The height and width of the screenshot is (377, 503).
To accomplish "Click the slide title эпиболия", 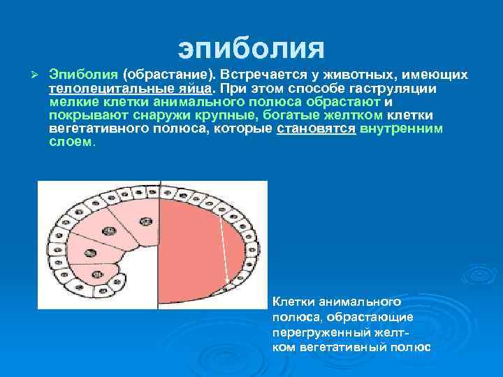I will tap(251, 49).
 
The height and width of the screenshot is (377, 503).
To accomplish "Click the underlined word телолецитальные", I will tap(109, 89).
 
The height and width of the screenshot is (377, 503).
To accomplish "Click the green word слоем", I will tap(71, 142).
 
